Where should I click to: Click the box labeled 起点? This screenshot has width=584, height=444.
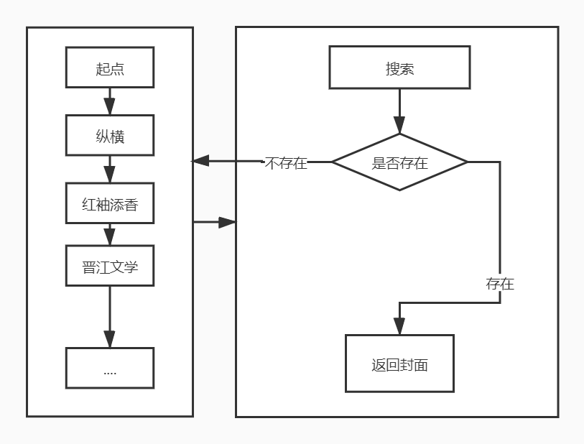tap(109, 68)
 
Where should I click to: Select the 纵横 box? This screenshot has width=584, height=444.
tap(109, 135)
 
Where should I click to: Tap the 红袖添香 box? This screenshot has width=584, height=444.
tap(109, 204)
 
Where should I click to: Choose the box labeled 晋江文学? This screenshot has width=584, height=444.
tap(109, 266)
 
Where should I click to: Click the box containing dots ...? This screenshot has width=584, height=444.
tap(109, 368)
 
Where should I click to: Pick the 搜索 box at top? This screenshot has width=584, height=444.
tap(399, 68)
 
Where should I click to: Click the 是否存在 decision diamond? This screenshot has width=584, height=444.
tap(399, 162)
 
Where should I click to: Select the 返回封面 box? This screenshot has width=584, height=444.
tap(399, 364)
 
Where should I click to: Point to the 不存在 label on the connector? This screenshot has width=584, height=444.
tap(286, 163)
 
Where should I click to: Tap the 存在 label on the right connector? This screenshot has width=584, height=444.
tap(500, 284)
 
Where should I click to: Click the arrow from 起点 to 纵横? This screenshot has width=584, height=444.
tap(109, 101)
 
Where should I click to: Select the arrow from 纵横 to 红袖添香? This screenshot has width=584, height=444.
tap(109, 170)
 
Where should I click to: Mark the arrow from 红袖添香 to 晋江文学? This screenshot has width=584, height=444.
tap(109, 235)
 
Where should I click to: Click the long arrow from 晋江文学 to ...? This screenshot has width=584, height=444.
tap(109, 316)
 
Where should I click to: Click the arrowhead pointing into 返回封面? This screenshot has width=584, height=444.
tap(399, 327)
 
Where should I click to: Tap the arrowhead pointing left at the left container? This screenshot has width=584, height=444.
tap(200, 162)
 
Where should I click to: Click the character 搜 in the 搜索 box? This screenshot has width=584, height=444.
tap(392, 69)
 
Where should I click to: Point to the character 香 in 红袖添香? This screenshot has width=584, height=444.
tap(131, 205)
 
